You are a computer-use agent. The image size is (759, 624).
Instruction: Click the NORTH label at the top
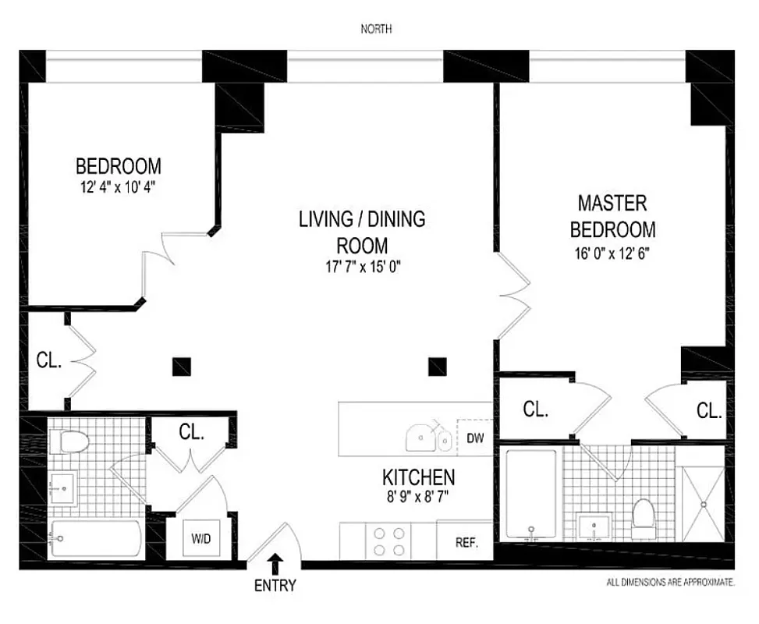click(376, 30)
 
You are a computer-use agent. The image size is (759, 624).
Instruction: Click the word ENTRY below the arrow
click(275, 585)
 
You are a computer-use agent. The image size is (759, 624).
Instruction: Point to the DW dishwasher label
click(475, 438)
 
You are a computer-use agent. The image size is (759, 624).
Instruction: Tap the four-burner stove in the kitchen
click(388, 541)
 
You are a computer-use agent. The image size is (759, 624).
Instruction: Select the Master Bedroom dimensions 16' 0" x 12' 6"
click(612, 253)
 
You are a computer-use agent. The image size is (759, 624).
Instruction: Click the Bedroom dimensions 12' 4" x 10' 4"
click(119, 187)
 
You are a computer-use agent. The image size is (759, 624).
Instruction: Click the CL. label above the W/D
click(192, 432)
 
